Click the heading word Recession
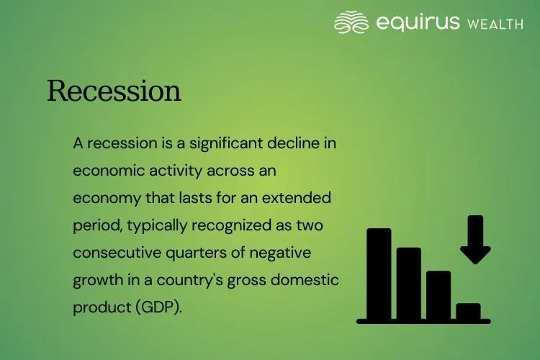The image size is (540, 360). (114, 91)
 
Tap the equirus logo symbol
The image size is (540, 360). (351, 22)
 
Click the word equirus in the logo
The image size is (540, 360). (417, 23)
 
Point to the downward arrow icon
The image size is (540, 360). (475, 240)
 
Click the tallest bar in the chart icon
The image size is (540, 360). (379, 274)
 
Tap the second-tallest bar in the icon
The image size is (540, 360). (408, 283)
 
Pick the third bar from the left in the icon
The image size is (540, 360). (438, 294)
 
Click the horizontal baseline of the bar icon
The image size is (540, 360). (423, 321)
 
